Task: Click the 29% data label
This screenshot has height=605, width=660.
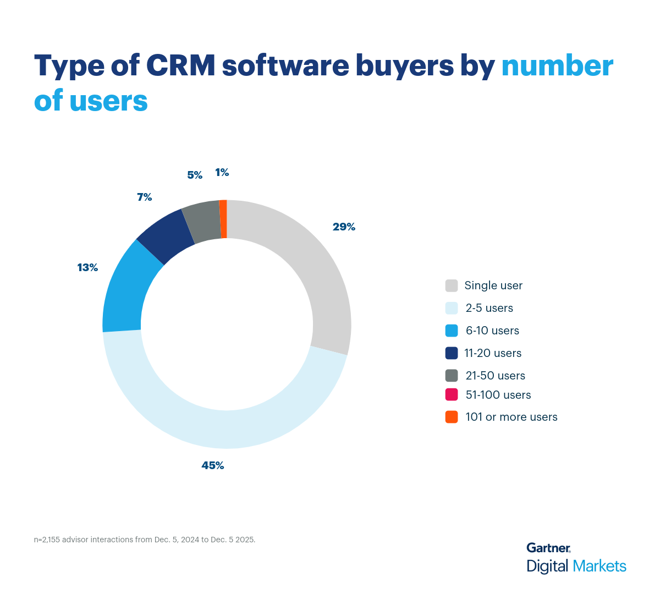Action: [344, 227]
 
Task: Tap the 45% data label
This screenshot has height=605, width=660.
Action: [213, 465]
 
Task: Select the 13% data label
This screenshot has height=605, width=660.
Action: [87, 267]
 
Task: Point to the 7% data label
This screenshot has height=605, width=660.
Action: [145, 197]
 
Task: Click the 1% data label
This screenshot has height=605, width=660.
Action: [222, 173]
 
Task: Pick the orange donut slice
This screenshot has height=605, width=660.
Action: [223, 219]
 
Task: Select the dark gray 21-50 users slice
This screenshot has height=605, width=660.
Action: [202, 222]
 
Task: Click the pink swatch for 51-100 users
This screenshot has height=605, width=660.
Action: [452, 394]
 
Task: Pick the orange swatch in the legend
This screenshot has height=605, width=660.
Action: [452, 417]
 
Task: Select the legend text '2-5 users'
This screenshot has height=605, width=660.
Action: [489, 308]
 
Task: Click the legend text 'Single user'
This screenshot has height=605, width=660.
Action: [493, 285]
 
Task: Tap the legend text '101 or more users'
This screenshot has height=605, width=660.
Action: [511, 417]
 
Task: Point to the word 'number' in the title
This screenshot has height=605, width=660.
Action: [557, 66]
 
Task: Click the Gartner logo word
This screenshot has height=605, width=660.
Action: [548, 548]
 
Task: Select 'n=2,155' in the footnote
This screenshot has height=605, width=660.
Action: [47, 540]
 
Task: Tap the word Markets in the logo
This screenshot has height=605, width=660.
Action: [599, 566]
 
